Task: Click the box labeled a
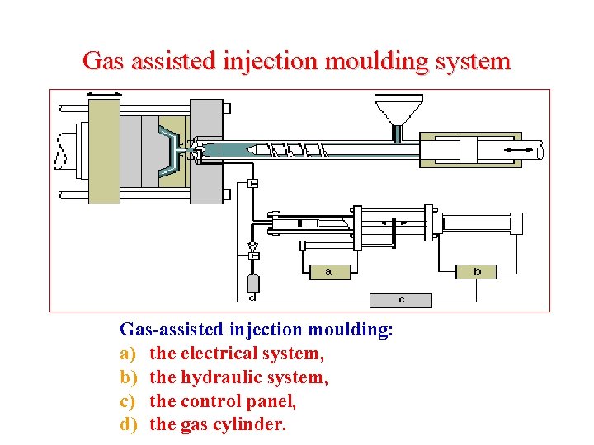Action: click(x=328, y=271)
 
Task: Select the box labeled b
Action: click(x=478, y=271)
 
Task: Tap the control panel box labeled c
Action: click(x=401, y=300)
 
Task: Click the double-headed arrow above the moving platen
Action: click(x=104, y=94)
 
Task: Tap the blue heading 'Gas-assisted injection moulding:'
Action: click(x=257, y=330)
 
